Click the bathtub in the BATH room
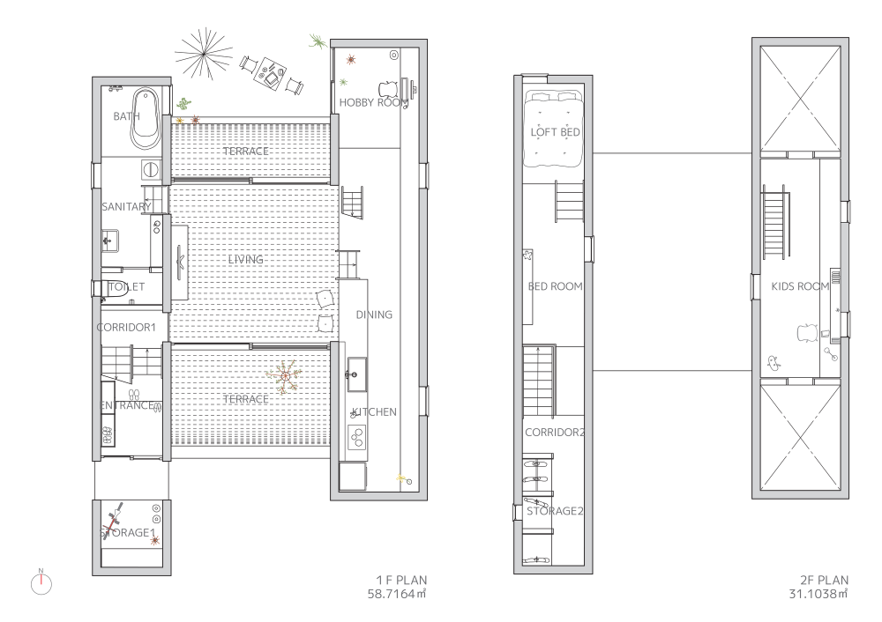tap(146, 119)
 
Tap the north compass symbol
tap(41, 583)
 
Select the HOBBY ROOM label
tap(373, 103)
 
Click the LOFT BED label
tap(555, 132)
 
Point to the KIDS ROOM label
tap(800, 286)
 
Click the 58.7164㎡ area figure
tap(397, 594)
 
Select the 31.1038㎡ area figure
tap(818, 594)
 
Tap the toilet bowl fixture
tap(104, 288)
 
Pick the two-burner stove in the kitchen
tap(356, 438)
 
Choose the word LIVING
tap(246, 260)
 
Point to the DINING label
tap(374, 315)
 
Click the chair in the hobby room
tap(388, 89)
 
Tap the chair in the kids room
tap(806, 332)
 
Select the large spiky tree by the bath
tap(203, 54)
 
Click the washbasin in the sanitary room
tap(109, 241)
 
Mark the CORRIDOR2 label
tap(555, 433)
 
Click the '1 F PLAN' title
tap(401, 580)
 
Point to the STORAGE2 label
tap(555, 511)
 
